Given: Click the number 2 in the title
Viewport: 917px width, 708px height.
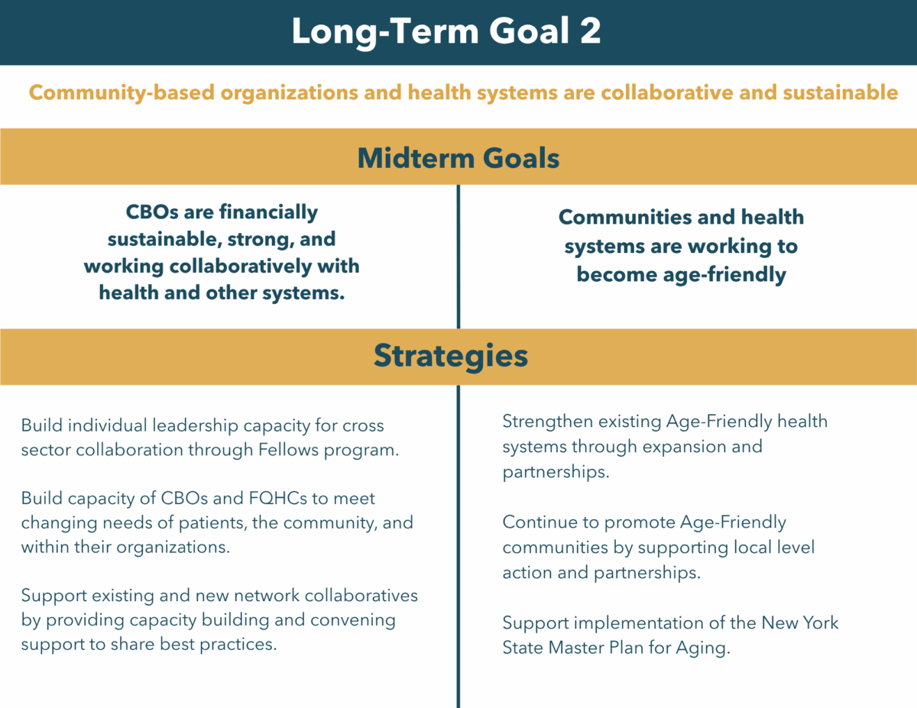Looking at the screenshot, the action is point(590,31).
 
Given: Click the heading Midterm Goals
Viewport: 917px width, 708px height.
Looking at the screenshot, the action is point(458,158).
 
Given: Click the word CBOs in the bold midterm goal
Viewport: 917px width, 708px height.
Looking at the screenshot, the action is point(152,212).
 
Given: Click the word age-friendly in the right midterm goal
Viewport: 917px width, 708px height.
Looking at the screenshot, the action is point(724,275).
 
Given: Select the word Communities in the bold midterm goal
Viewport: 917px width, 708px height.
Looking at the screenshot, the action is point(625,217).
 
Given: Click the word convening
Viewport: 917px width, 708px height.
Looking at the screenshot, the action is point(353,621).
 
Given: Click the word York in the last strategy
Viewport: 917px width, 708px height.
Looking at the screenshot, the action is point(820,622).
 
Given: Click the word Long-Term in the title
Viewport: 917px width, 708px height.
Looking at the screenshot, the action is point(385,31).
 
